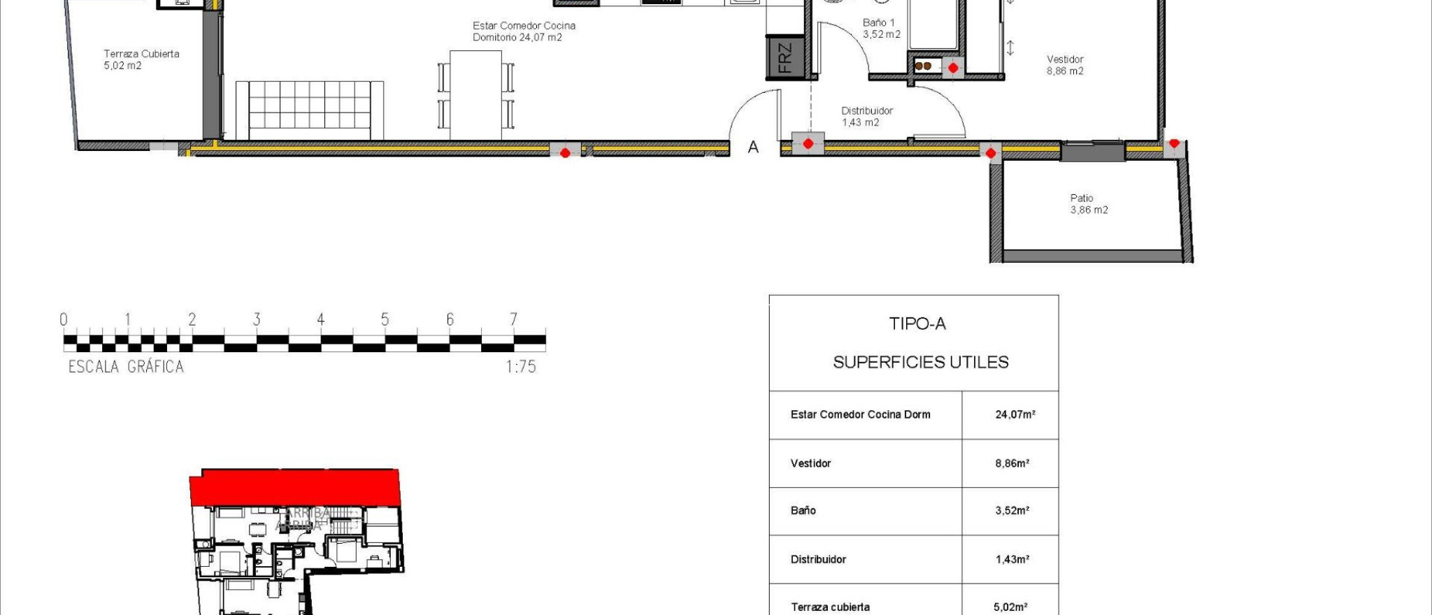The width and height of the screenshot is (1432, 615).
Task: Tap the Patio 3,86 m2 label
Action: point(1089,204)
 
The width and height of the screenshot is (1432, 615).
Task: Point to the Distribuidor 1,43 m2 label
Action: point(866,116)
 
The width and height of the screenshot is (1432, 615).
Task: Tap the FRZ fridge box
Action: point(785,57)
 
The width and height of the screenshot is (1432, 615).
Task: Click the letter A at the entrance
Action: point(753,147)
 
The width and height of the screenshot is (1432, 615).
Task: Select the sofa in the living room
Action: point(309,110)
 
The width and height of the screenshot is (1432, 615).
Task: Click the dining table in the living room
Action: point(475,94)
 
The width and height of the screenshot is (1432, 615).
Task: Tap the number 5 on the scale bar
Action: point(385,319)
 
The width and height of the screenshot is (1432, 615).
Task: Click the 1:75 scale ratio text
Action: point(521,367)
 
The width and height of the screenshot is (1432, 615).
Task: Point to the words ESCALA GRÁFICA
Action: point(126,367)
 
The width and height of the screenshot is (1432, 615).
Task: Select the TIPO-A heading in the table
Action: point(917,324)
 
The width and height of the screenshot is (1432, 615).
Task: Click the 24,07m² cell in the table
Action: point(1015,414)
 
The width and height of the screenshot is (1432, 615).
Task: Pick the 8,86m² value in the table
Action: point(1012,463)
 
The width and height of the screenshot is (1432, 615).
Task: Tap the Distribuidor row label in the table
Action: point(818,559)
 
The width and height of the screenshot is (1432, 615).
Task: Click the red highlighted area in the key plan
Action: point(294,487)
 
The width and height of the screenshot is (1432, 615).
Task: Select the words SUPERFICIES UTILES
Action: point(920,362)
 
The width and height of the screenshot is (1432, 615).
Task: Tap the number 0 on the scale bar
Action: point(64,319)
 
